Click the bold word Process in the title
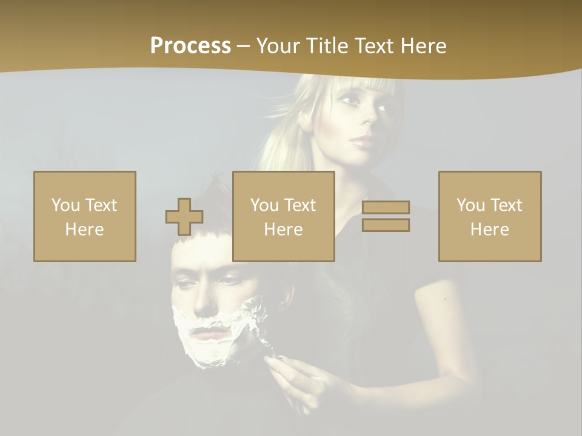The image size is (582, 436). tap(190, 46)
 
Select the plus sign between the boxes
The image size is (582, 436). tap(184, 217)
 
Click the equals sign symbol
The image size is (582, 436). tap(386, 216)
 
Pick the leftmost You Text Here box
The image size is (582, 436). tap(85, 216)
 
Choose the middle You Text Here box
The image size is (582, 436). tap(284, 216)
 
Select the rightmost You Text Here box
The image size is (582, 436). tap(490, 216)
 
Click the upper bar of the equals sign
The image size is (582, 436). tap(386, 208)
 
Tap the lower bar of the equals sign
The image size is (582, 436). tap(386, 225)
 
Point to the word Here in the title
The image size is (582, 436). tap(422, 46)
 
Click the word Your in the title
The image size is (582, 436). tap(279, 46)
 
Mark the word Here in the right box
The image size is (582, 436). tap(490, 230)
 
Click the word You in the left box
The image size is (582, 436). tap(65, 205)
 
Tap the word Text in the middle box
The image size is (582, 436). tap(299, 205)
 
